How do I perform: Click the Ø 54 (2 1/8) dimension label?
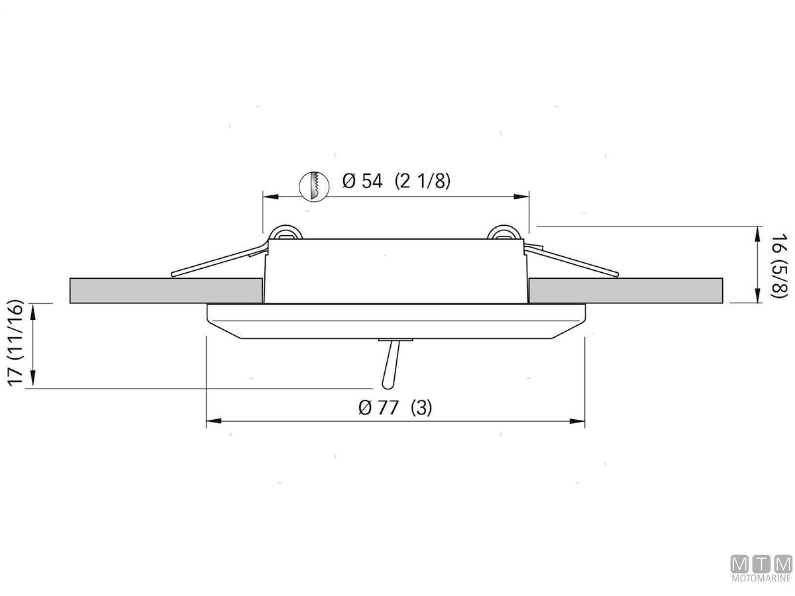tap(396, 181)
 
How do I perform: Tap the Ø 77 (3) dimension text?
tap(395, 408)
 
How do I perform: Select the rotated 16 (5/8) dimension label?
tap(779, 266)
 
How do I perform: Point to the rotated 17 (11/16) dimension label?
tap(16, 342)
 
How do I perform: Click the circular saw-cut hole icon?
tap(314, 186)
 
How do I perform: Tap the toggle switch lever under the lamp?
tap(391, 364)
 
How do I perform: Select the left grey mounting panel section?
tap(166, 291)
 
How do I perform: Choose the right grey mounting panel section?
tap(625, 291)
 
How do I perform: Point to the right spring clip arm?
tap(572, 260)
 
